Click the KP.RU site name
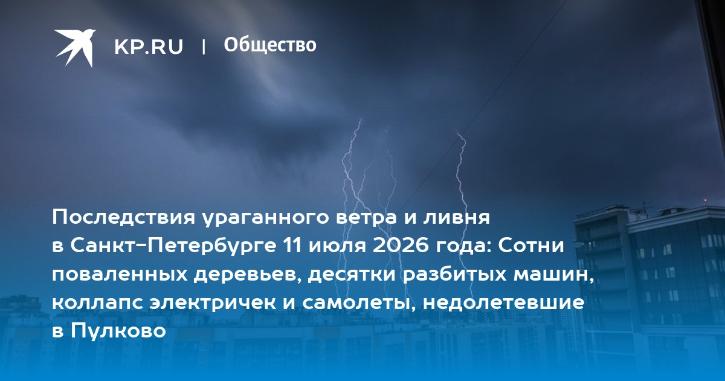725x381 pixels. click(149, 47)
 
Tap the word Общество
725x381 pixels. click(270, 45)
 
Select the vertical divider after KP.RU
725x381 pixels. click(204, 47)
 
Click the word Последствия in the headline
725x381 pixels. click(124, 217)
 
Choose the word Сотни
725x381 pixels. click(531, 246)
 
